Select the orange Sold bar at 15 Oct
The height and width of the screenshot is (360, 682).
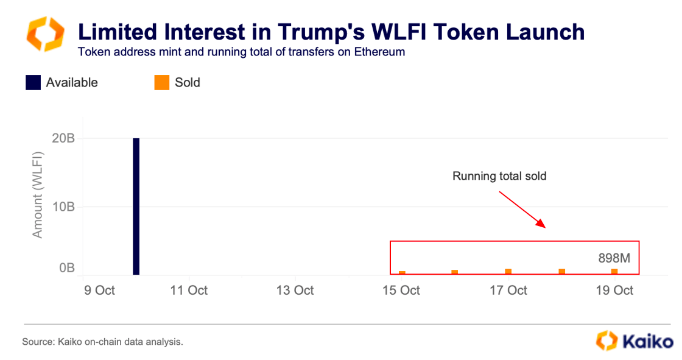tap(402, 272)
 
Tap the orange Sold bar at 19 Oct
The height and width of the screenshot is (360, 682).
tap(614, 271)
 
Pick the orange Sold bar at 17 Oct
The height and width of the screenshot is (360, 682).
tap(508, 271)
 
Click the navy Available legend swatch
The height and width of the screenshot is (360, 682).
tap(33, 82)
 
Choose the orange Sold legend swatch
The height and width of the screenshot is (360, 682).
tap(161, 82)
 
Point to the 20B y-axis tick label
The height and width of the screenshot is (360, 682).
tap(63, 139)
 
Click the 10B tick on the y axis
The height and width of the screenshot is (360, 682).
tap(63, 207)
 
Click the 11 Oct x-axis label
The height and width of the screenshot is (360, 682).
tap(189, 290)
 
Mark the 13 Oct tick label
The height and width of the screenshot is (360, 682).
tap(295, 290)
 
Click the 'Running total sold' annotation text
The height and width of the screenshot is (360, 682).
tap(499, 177)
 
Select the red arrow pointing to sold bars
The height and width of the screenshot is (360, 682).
tap(522, 209)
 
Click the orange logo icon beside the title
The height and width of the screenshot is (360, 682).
tap(44, 35)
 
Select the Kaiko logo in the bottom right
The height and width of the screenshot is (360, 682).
tap(633, 341)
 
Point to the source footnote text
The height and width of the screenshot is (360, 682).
tap(102, 342)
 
